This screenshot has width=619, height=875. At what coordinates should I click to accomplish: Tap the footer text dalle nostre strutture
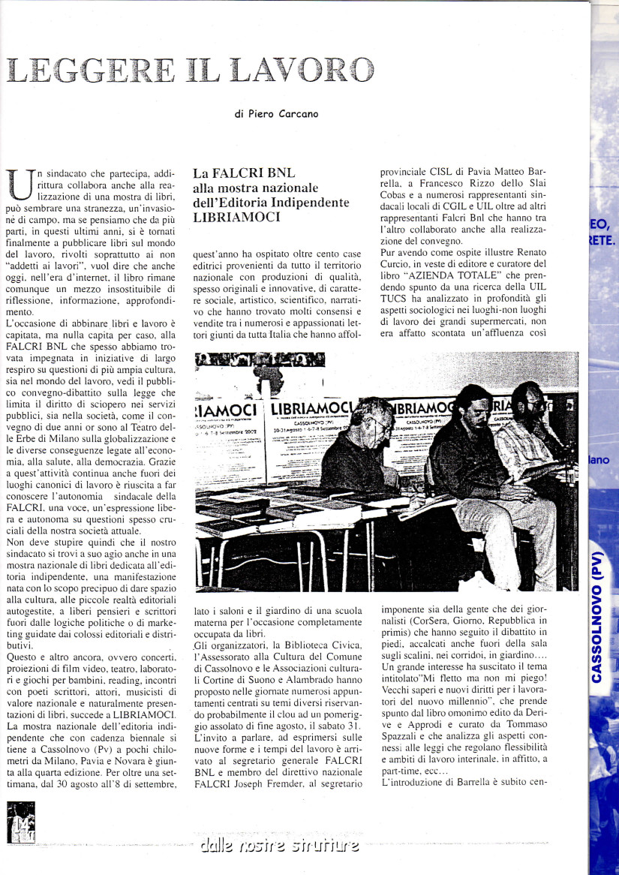[x=279, y=846]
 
